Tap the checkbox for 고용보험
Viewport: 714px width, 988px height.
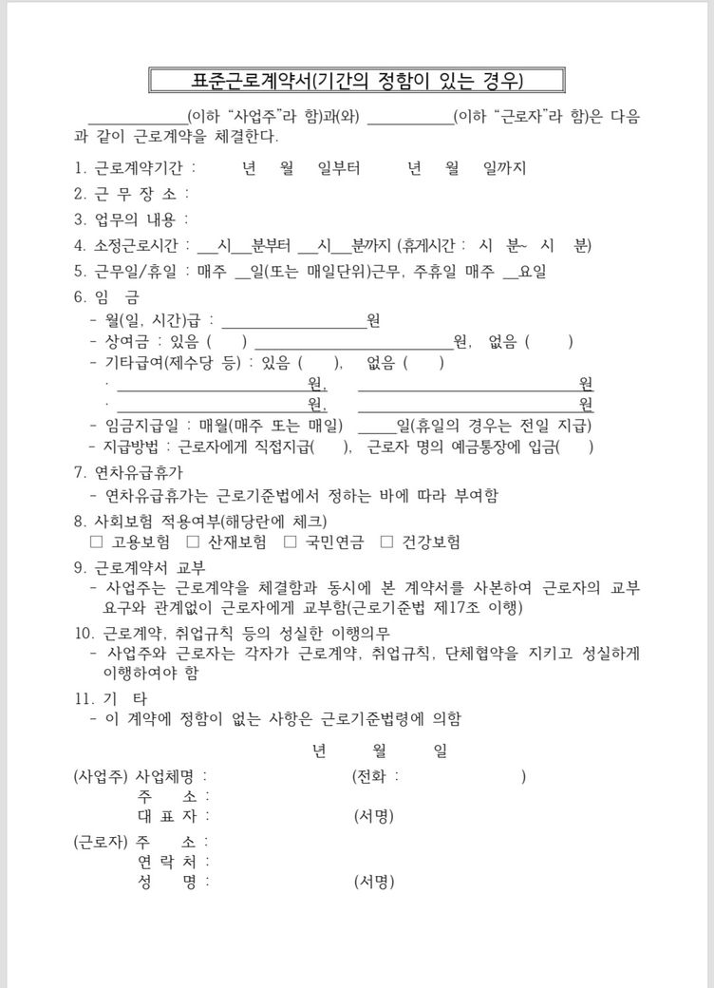(x=96, y=541)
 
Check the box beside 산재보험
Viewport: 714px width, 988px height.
(x=193, y=541)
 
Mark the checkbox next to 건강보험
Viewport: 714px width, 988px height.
(x=386, y=541)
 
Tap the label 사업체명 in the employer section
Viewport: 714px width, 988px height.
(x=169, y=776)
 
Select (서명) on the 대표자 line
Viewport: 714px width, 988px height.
(x=373, y=816)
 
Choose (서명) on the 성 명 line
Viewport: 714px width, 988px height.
(x=373, y=882)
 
